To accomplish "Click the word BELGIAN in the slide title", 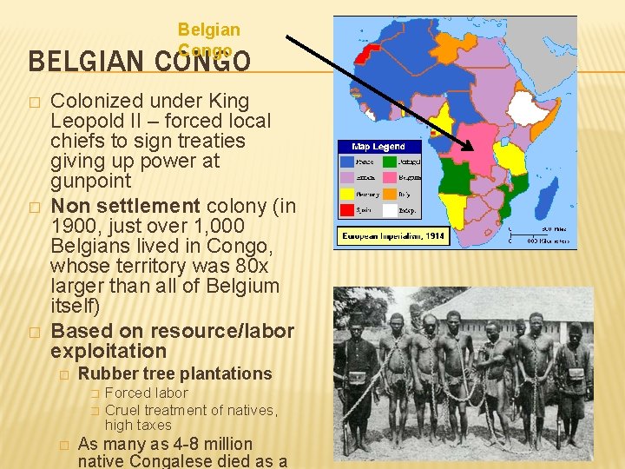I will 74,62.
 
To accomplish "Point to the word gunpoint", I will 91,181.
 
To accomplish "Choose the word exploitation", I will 109,351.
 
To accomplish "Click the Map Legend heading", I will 378,147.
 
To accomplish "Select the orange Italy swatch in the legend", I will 390,194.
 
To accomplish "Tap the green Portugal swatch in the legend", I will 390,162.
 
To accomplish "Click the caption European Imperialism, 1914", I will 392,235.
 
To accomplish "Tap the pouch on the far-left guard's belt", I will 357,377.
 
